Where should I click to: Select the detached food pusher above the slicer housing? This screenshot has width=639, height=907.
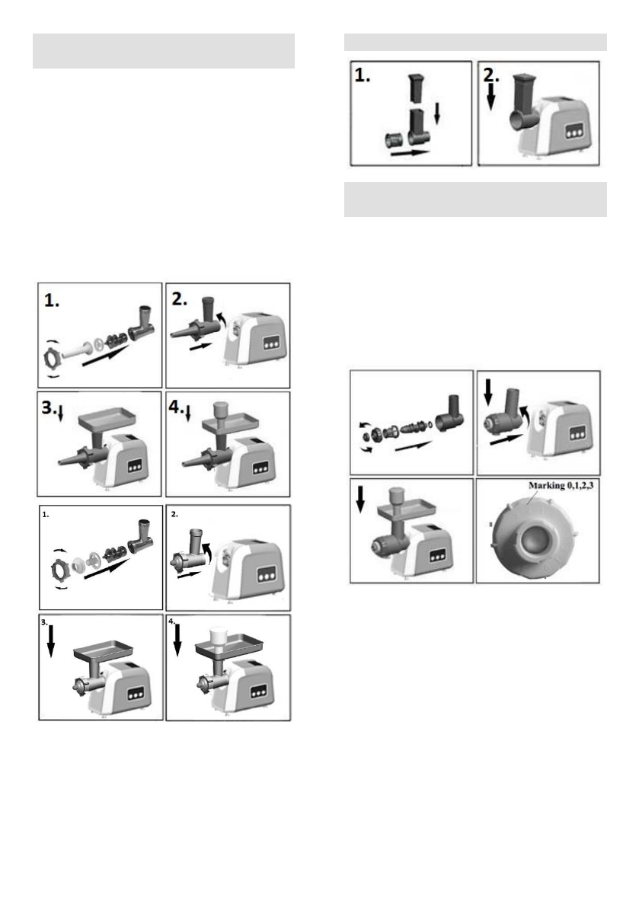415,87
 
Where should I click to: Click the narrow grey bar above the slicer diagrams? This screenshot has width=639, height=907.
475,41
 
